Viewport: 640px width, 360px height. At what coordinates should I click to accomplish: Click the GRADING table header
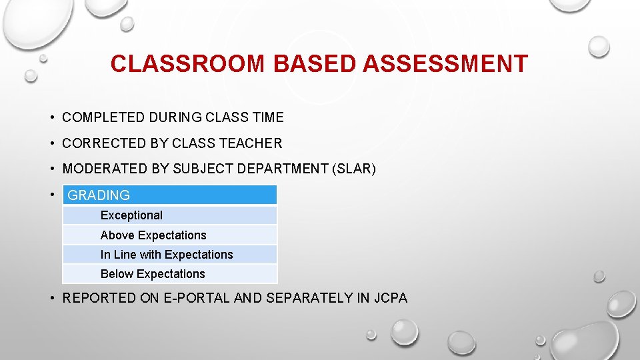pos(169,195)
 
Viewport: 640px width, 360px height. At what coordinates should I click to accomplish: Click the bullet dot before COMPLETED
pos(51,118)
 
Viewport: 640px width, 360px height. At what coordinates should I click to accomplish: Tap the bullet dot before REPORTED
pos(51,298)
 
